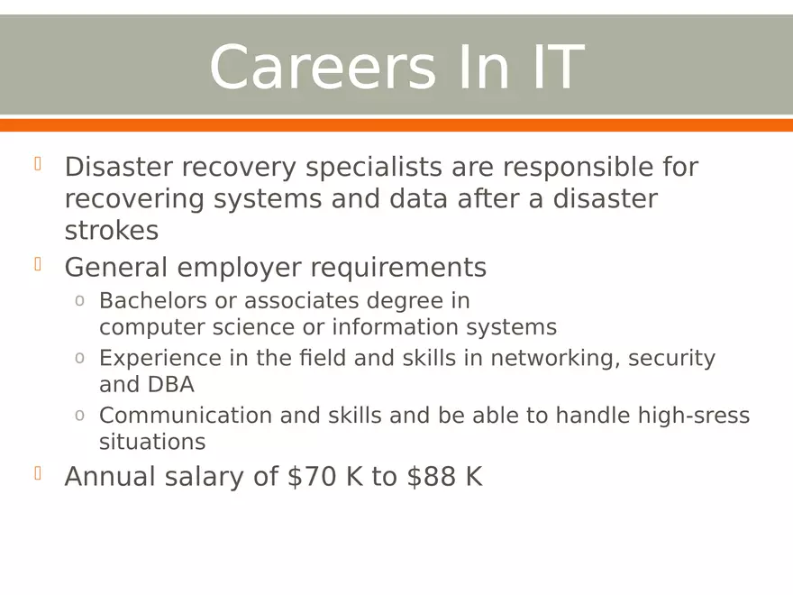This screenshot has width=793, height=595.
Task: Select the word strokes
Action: pos(111,230)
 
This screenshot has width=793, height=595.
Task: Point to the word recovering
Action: pos(134,198)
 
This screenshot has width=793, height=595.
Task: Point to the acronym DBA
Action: pos(170,385)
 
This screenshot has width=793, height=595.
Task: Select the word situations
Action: pos(151,443)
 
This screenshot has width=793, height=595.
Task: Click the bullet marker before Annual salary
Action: pos(39,472)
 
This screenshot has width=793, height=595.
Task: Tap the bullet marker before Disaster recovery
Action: pos(39,163)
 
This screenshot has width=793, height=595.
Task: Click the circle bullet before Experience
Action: pos(79,359)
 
